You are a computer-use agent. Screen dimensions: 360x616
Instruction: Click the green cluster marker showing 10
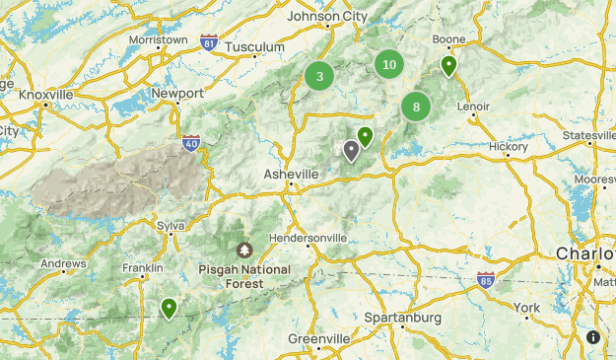389,65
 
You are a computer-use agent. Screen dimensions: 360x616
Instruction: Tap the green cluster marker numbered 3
319,75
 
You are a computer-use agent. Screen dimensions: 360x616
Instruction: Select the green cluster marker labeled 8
416,107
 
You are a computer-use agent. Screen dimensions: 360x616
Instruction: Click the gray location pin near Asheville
351,151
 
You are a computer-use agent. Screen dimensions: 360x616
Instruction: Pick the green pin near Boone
448,66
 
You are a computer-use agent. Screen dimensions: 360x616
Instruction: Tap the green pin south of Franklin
170,309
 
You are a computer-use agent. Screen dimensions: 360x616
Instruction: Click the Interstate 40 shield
191,144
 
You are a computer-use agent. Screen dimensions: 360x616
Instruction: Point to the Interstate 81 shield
208,42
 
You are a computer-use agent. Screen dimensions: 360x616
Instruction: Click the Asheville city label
291,174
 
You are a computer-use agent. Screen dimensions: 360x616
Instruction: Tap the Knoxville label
46,95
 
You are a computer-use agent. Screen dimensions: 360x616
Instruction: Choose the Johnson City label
326,16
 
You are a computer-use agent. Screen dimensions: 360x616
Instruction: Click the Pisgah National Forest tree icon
244,251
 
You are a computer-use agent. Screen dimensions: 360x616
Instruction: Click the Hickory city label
509,146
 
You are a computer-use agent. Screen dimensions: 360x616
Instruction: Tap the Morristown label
158,39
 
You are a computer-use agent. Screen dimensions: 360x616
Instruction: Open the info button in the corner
593,337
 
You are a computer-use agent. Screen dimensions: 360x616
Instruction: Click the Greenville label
319,338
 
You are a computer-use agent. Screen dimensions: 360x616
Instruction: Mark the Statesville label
588,134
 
